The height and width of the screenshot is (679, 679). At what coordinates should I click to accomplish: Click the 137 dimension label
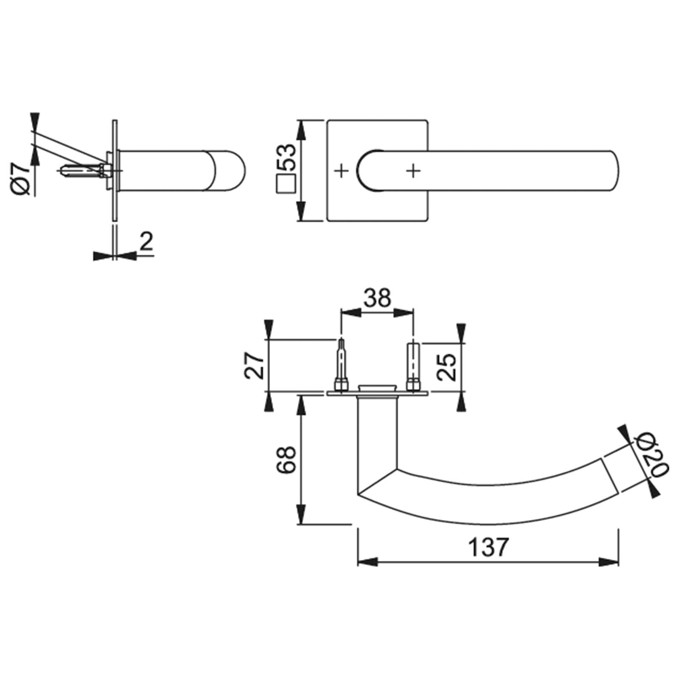(488, 547)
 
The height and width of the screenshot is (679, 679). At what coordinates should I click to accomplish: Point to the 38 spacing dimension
(377, 298)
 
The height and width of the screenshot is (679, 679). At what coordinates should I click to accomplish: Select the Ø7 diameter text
(20, 181)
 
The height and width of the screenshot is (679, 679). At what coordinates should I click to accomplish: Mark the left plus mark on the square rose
(342, 171)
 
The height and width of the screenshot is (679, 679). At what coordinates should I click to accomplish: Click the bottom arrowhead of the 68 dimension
(301, 515)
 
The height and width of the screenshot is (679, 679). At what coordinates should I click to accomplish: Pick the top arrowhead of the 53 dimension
(301, 130)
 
